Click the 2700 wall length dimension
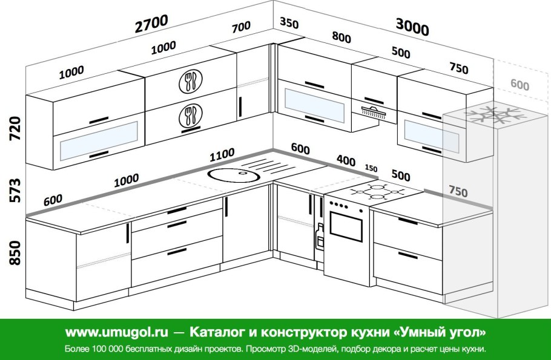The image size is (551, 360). tap(151, 24)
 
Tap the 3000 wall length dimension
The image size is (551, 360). tap(412, 27)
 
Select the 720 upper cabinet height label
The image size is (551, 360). tap(16, 128)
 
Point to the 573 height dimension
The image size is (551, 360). tap(16, 191)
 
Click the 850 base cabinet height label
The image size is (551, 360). tap(16, 252)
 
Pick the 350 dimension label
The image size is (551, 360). tap(289, 23)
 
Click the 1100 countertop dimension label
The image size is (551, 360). tap(222, 154)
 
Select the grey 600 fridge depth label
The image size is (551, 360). tap(520, 85)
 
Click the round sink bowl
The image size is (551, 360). tap(234, 175)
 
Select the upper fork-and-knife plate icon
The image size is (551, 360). tap(191, 82)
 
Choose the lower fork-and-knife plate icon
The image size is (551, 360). tap(190, 117)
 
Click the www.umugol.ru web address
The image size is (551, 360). tap(117, 332)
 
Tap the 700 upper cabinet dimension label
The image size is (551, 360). tap(241, 27)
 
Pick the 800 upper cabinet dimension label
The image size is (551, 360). tap(341, 37)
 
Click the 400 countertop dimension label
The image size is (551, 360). tap(346, 160)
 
